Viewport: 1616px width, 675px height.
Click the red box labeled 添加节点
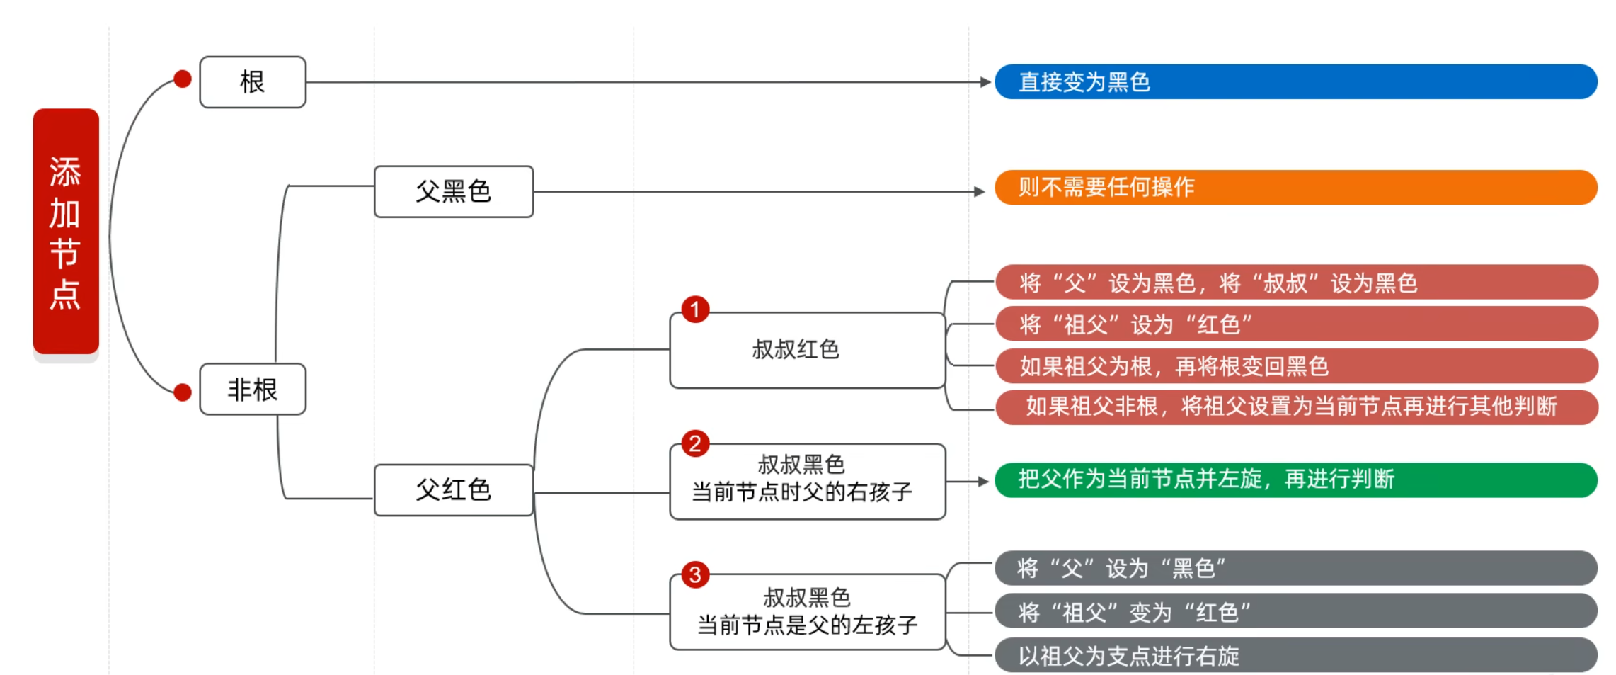click(66, 231)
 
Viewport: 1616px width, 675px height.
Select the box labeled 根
click(253, 82)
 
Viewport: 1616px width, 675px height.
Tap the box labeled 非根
click(253, 389)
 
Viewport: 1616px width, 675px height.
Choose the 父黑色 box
click(453, 191)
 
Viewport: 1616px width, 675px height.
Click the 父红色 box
click(453, 489)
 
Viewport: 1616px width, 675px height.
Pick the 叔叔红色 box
click(807, 350)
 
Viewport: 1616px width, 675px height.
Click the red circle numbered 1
click(695, 310)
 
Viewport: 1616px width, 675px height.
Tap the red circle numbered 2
click(695, 443)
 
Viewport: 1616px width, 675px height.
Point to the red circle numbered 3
click(695, 574)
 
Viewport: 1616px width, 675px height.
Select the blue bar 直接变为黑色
click(1295, 82)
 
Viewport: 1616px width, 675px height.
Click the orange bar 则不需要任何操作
click(1295, 187)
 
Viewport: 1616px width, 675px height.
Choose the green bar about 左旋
click(1295, 480)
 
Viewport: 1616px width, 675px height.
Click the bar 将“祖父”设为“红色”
click(1295, 324)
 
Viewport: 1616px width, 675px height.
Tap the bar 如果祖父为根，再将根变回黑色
click(1295, 366)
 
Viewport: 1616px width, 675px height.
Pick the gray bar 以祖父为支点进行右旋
click(1295, 655)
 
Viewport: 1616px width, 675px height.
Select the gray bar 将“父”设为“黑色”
click(1295, 568)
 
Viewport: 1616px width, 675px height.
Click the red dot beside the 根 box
click(183, 79)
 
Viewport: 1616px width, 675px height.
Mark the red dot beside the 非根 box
click(183, 392)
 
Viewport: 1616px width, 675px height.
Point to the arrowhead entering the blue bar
click(985, 82)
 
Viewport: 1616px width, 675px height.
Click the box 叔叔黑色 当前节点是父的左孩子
click(807, 611)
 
